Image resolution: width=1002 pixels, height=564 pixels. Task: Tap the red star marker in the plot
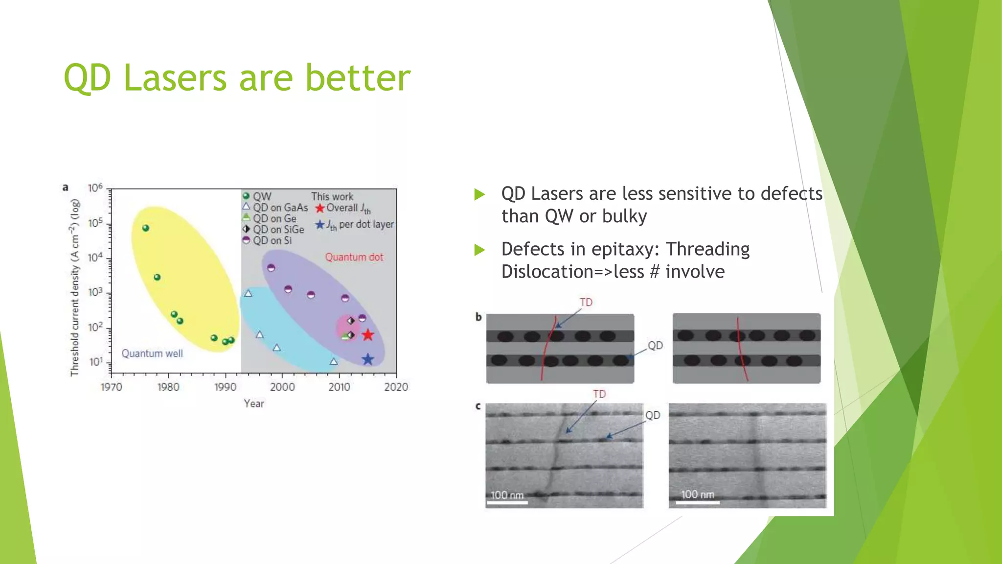coord(368,335)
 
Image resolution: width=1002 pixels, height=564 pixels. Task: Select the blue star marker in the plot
coord(368,360)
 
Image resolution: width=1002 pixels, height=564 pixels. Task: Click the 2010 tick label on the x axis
coord(339,387)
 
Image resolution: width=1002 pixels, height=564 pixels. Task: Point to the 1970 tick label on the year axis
coord(111,387)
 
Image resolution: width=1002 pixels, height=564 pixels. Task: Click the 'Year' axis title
coord(254,403)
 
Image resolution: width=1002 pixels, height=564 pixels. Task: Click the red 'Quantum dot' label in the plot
coord(354,257)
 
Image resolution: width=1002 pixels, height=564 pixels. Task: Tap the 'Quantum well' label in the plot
coord(152,353)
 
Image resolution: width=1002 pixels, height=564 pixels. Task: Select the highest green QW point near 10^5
coord(145,228)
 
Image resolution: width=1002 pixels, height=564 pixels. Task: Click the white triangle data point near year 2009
coord(334,362)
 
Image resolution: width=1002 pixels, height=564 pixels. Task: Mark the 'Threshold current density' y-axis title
coord(74,287)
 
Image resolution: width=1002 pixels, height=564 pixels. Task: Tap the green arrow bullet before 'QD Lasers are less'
coord(479,194)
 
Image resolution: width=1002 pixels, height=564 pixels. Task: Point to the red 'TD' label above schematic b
coord(586,302)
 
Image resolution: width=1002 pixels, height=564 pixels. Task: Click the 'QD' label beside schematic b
coord(655,346)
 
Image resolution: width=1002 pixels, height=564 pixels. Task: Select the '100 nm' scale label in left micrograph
coord(507,495)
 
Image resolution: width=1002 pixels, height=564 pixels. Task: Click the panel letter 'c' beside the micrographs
coord(478,406)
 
